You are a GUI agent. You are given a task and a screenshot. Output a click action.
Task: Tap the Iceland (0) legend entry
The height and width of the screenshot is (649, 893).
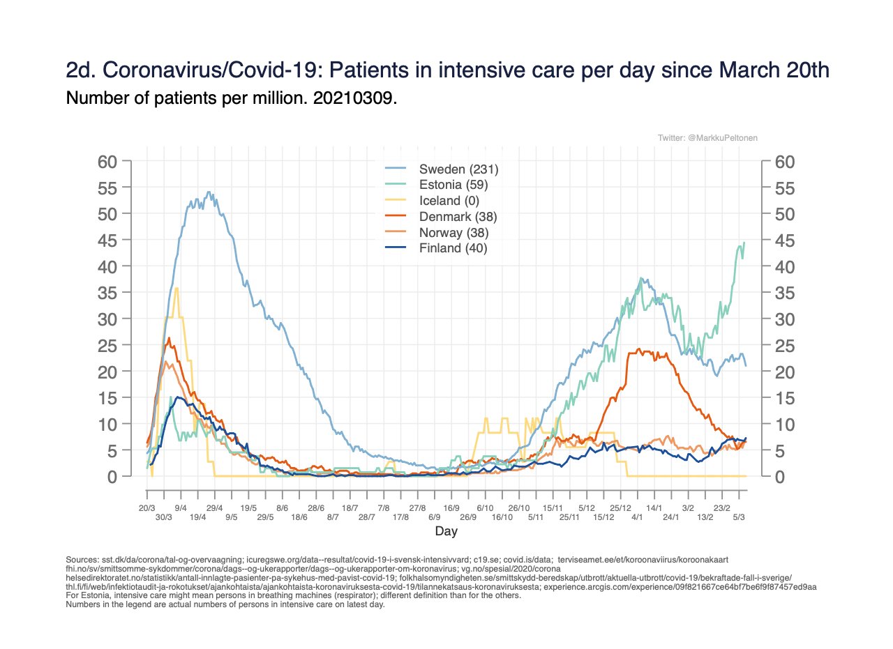pyautogui.click(x=449, y=201)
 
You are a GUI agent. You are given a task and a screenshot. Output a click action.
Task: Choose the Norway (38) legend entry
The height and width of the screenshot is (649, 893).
pyautogui.click(x=453, y=232)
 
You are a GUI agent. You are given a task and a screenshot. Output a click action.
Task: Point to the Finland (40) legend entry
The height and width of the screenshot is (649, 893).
pyautogui.click(x=452, y=248)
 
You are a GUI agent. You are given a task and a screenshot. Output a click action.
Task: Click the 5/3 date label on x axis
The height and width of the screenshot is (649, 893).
pyautogui.click(x=738, y=517)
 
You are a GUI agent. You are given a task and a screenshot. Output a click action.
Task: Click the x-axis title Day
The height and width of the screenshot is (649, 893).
pyautogui.click(x=446, y=532)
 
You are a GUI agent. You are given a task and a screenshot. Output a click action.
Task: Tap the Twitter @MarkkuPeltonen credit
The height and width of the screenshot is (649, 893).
pyautogui.click(x=707, y=139)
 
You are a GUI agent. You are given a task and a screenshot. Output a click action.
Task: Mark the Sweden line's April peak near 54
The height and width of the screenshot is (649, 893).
pyautogui.click(x=209, y=192)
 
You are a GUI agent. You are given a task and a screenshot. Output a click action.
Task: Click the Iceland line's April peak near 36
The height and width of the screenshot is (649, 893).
pyautogui.click(x=177, y=288)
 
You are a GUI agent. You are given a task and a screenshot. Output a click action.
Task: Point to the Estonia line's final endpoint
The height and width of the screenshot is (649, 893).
pyautogui.click(x=744, y=242)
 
